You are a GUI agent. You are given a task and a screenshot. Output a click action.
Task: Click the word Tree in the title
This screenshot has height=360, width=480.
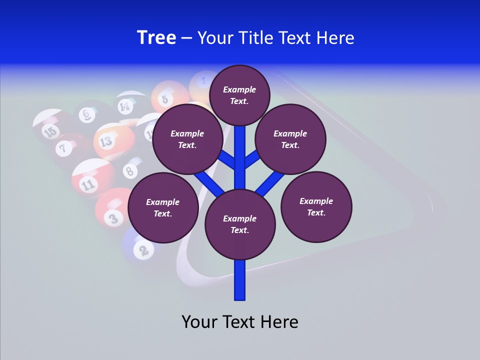point(156,38)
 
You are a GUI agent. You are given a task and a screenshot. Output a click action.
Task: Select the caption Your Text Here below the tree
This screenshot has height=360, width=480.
point(240,322)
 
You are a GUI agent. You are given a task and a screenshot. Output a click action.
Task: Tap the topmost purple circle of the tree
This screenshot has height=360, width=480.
point(239,95)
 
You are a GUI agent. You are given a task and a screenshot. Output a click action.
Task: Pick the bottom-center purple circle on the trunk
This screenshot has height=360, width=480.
point(240,224)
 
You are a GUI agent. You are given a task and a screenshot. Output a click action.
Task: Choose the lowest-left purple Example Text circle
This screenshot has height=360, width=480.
point(163,208)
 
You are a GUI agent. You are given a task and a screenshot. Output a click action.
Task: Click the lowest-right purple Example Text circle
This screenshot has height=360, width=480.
point(316,206)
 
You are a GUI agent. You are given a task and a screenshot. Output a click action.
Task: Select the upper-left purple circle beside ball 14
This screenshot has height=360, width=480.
point(187,139)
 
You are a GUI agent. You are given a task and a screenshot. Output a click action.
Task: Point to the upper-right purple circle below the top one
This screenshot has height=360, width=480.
point(290,139)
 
